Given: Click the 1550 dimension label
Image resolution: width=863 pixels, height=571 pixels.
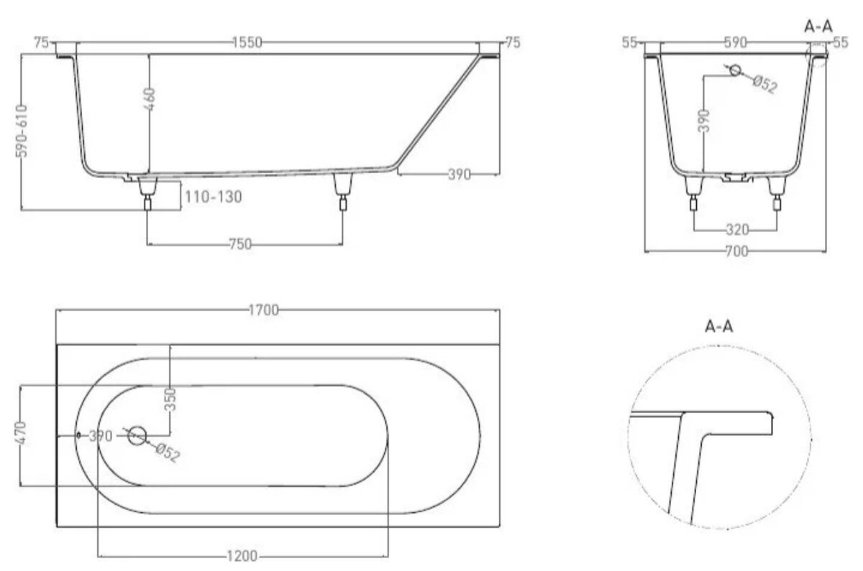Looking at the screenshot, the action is [x=247, y=42].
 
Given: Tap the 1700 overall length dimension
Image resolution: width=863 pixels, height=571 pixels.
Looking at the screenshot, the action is [x=263, y=310].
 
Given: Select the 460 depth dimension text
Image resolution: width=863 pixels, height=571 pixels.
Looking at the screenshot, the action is [x=150, y=99].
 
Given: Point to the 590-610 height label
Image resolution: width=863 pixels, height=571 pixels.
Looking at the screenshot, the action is [x=22, y=131].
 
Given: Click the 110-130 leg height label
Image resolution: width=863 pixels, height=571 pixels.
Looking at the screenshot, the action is [x=214, y=197].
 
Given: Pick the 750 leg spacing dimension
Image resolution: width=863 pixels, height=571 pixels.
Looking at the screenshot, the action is [x=240, y=244].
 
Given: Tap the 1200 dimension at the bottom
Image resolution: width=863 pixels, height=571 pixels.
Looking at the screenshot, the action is [x=242, y=556].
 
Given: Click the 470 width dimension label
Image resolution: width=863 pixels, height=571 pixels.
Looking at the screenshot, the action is [x=21, y=433].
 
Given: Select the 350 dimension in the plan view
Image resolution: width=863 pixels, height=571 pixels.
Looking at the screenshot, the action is [x=170, y=399].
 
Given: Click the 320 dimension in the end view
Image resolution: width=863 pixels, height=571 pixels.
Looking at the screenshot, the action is [x=737, y=230].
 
